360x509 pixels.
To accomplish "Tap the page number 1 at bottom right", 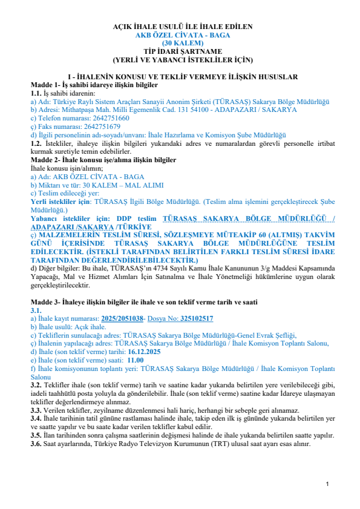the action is [x=327, y=484].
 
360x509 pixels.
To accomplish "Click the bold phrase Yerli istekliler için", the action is [x=61, y=200].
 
